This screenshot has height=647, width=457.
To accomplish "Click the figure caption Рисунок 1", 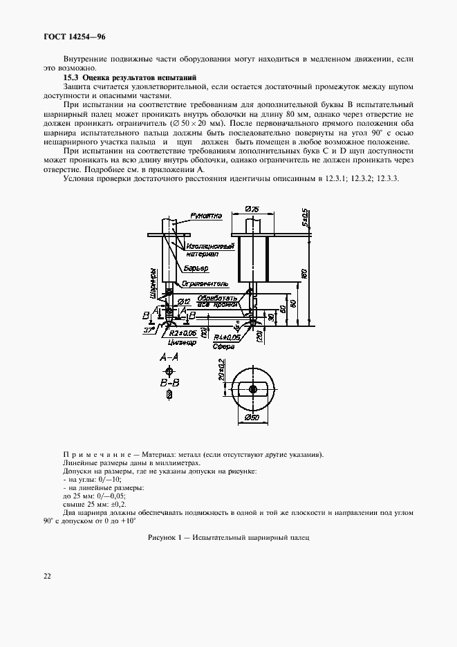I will [x=228, y=537].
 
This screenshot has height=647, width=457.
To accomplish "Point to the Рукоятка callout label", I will [x=207, y=215].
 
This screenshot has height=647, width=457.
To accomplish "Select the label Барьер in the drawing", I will [x=198, y=268].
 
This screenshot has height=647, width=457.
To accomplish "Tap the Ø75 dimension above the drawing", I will [x=252, y=209].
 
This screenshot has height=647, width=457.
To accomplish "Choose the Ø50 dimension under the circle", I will [x=253, y=418].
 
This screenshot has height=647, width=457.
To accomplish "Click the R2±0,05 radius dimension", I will [x=180, y=332].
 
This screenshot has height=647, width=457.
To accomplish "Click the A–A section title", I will [x=169, y=357].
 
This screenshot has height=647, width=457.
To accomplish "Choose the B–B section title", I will [x=169, y=382].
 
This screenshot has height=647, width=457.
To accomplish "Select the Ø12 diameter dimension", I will [x=184, y=302].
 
